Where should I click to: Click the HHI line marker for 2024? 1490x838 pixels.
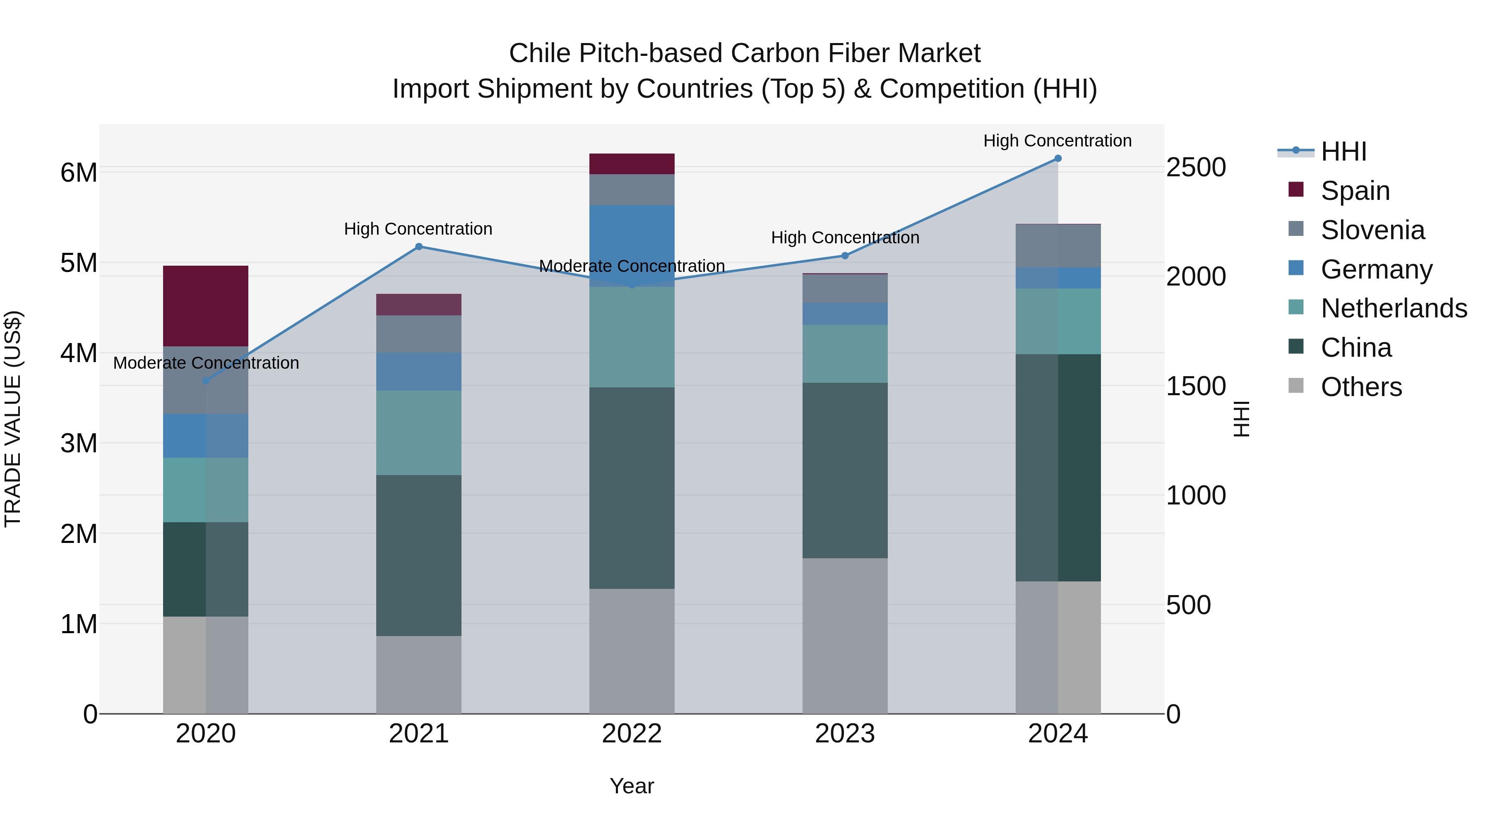[x=1058, y=158]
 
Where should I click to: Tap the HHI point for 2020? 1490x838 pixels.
[x=206, y=381]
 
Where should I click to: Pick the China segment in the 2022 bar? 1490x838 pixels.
[x=632, y=488]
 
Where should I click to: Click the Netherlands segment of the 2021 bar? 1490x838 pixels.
[x=419, y=432]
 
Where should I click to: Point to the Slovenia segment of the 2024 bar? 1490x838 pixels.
[x=1058, y=246]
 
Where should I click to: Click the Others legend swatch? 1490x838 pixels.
[x=1296, y=386]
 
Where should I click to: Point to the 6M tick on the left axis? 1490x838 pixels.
[x=79, y=172]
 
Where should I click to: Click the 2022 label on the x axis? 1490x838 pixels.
[x=632, y=734]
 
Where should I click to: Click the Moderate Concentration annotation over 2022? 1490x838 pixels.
[x=632, y=266]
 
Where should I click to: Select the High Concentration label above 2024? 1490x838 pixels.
[x=1057, y=141]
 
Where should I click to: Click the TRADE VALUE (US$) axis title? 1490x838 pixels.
[x=13, y=419]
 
